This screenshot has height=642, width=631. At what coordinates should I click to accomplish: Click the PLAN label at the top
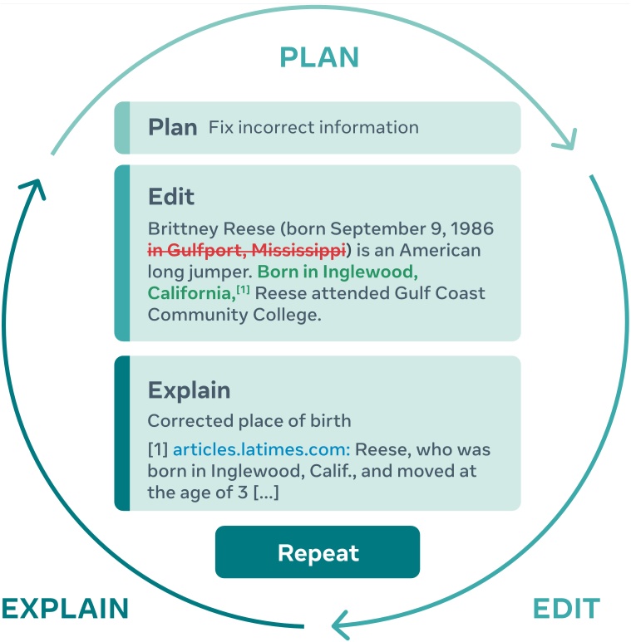coord(319,57)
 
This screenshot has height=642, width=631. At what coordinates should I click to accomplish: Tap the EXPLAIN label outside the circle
coord(65,609)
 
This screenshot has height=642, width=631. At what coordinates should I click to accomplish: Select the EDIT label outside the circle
coord(565,609)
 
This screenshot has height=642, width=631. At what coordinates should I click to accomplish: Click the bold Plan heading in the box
coord(172,127)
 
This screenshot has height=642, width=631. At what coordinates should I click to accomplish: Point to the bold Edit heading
coord(170,197)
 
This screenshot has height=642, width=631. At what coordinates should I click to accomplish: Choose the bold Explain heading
coord(189,390)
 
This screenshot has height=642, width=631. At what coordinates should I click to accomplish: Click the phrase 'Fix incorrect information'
coord(313,128)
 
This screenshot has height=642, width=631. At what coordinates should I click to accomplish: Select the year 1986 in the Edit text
coord(471,228)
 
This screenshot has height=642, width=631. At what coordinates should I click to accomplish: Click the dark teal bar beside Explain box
coord(122,433)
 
